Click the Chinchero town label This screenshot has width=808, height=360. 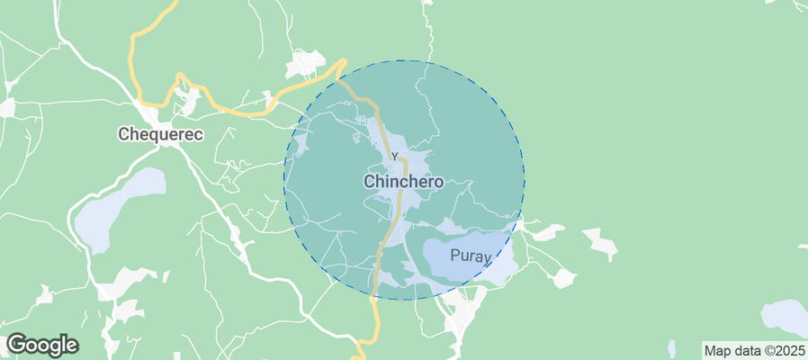403,181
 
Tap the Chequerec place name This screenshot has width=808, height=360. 161,134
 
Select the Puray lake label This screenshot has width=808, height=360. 471,257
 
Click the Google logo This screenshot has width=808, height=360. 42,345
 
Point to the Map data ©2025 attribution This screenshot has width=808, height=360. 753,350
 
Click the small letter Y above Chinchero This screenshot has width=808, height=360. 393,158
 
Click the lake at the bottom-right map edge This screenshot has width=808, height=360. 786,317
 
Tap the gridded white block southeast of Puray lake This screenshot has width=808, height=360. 563,278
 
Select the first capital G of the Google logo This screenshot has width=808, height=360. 15,344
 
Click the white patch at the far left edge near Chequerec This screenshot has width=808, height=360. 6,107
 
